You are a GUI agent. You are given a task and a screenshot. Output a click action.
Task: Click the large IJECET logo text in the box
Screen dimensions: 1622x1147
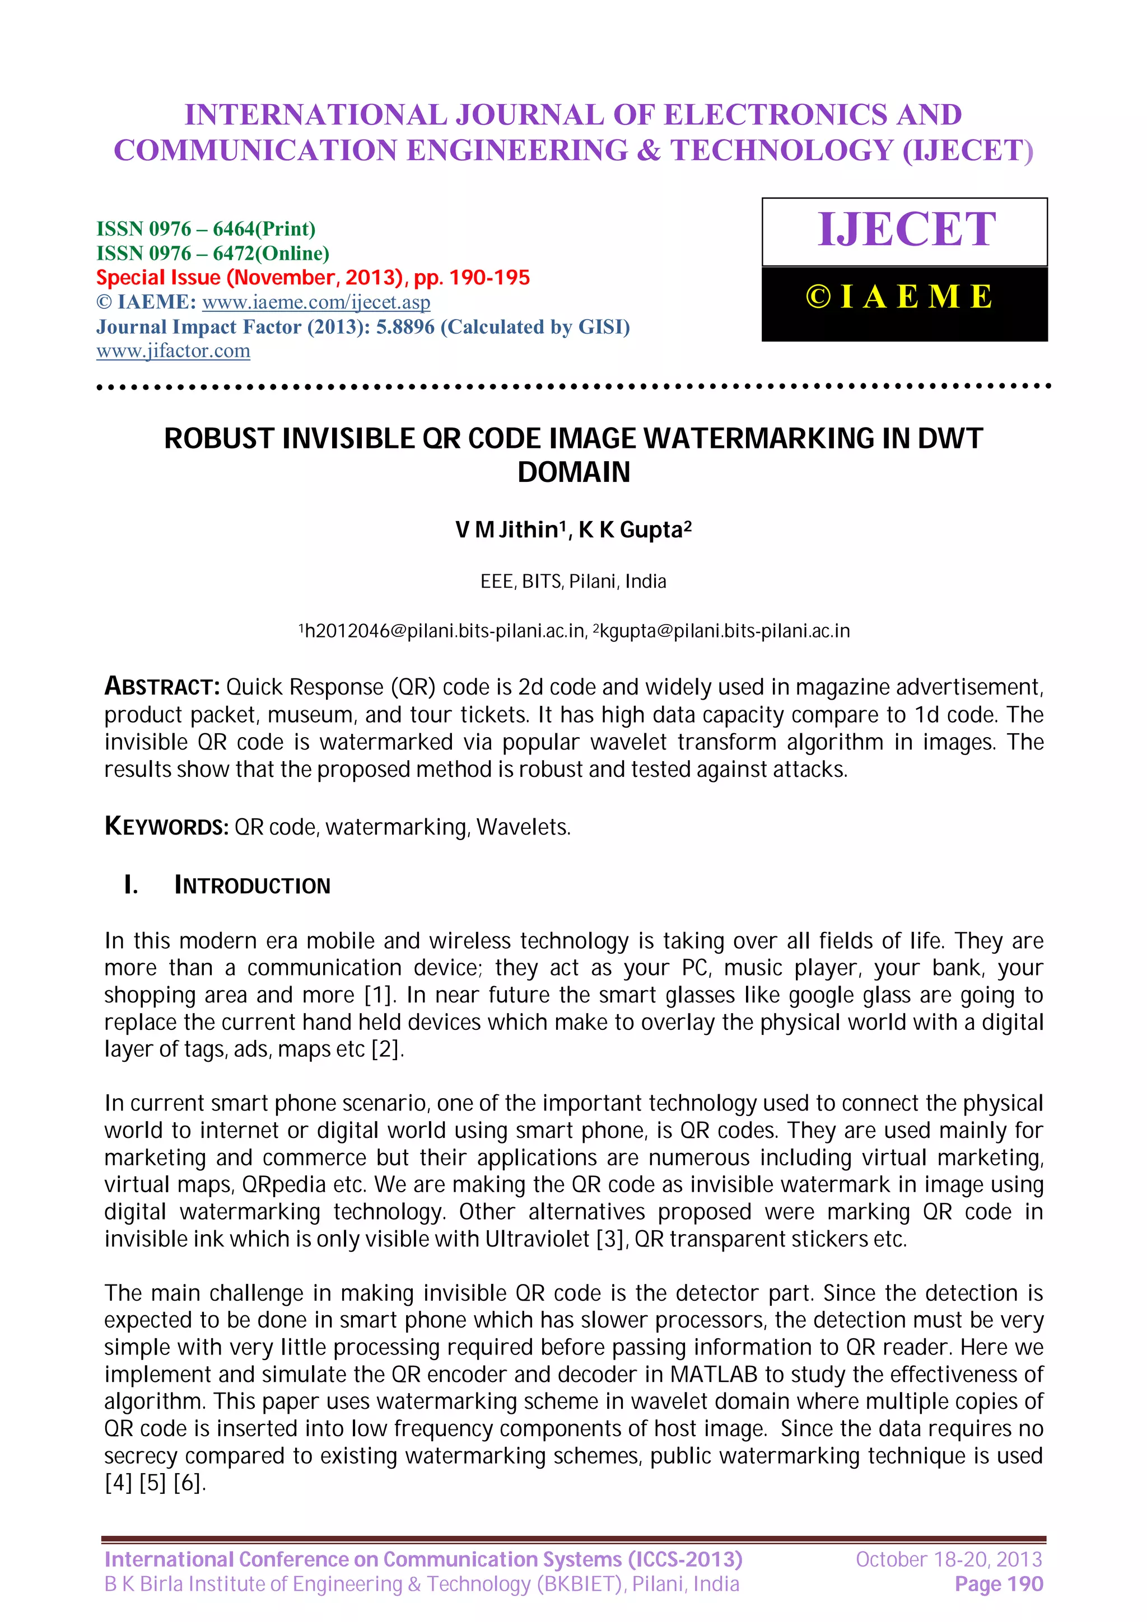pos(906,229)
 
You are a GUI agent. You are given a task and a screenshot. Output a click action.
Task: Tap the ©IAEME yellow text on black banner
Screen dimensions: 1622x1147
pos(899,297)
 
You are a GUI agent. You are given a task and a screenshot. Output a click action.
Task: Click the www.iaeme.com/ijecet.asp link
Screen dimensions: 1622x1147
pos(316,302)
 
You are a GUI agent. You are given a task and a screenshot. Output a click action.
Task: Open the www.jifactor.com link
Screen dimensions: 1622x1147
pos(173,351)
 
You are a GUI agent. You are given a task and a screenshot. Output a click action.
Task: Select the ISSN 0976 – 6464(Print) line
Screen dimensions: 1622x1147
pos(206,229)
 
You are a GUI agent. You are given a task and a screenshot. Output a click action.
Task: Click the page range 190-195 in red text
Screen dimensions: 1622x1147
pos(489,278)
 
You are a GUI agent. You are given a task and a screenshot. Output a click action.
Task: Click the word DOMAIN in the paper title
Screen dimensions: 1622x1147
pos(573,472)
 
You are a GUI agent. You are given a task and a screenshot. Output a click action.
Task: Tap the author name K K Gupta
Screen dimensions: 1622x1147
pos(634,530)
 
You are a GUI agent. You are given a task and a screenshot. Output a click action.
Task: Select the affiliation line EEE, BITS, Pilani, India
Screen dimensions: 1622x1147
pos(573,582)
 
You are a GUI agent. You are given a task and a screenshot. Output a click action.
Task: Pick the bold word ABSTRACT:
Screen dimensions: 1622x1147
pos(162,687)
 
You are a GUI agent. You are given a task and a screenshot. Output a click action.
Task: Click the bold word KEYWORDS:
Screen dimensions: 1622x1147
pos(166,827)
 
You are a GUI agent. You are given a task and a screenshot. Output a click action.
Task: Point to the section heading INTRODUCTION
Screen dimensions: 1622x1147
pos(252,885)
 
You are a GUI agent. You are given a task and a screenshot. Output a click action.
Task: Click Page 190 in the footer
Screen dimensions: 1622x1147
pos(998,1584)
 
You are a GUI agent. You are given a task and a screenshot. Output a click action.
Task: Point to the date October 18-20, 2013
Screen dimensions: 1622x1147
pos(948,1559)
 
